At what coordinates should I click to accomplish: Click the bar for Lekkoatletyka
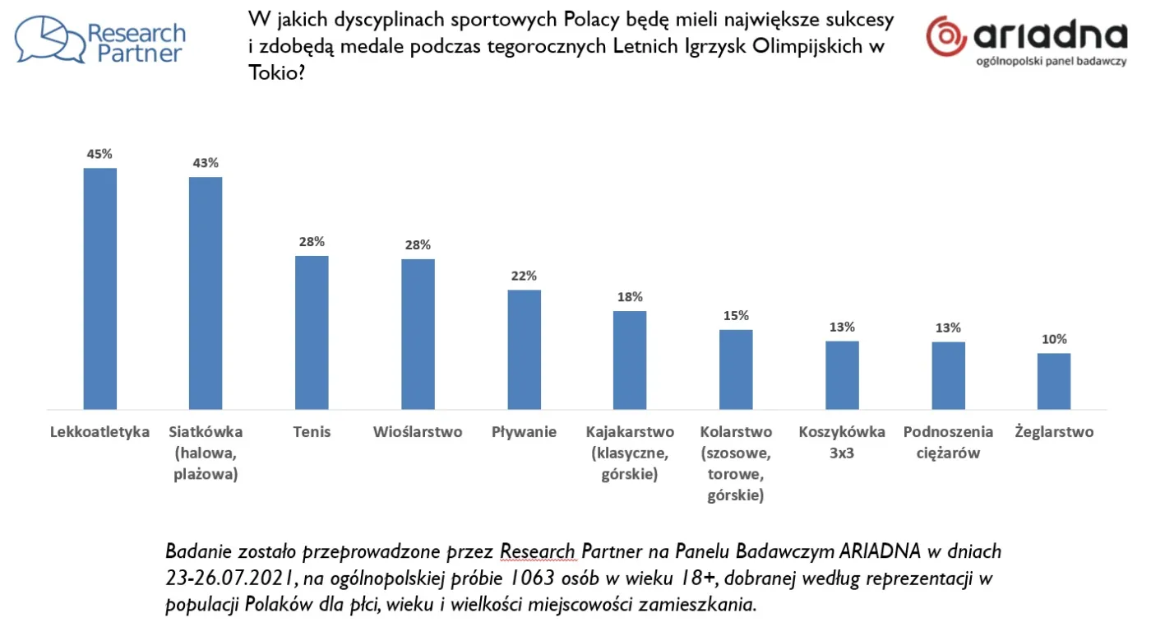pyautogui.click(x=100, y=288)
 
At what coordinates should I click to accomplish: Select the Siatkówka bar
pyautogui.click(x=206, y=292)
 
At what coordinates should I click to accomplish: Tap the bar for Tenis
pyautogui.click(x=312, y=332)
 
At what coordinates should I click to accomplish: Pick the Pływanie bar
pyautogui.click(x=524, y=349)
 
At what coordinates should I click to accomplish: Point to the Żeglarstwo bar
pyautogui.click(x=1053, y=380)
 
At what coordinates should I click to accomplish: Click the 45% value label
pyautogui.click(x=100, y=154)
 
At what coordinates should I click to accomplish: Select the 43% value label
pyautogui.click(x=206, y=163)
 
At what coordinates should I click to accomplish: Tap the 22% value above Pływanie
pyautogui.click(x=524, y=276)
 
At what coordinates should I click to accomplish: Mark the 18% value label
pyautogui.click(x=630, y=297)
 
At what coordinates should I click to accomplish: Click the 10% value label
pyautogui.click(x=1053, y=339)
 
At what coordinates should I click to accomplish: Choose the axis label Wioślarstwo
pyautogui.click(x=418, y=432)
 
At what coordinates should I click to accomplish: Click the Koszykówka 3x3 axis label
pyautogui.click(x=842, y=442)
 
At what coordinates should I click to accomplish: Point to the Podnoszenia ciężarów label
pyautogui.click(x=948, y=442)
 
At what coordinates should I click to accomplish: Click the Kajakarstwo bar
pyautogui.click(x=630, y=360)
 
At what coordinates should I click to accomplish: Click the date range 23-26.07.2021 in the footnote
pyautogui.click(x=225, y=578)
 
